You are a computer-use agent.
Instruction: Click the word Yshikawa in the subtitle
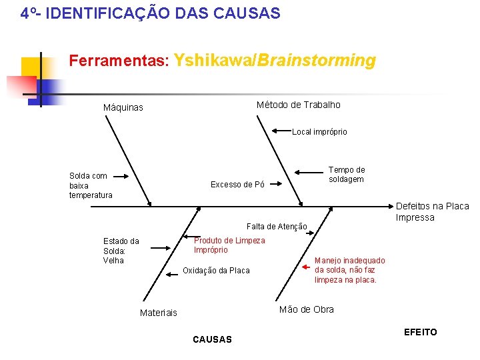pos(209,61)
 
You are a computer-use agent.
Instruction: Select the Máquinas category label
pos(123,108)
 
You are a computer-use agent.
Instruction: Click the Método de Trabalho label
pos(298,105)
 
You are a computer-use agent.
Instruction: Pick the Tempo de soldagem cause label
pos(347,175)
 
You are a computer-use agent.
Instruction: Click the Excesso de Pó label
pos(237,185)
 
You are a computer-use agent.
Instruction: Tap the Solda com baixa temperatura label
pos(91,185)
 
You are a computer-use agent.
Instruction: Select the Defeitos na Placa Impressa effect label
pos(432,212)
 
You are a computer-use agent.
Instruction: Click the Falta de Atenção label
pos(277,227)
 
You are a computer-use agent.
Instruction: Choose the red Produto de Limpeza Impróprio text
pos(229,245)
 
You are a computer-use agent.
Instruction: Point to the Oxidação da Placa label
pos(216,270)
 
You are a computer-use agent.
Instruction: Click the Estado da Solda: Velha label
pos(121,251)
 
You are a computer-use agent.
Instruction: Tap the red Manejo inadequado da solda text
pos(349,270)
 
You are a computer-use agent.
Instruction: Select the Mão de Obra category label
pos(306,309)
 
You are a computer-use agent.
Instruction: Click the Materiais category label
pos(159,313)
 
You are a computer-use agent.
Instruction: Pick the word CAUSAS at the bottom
pos(212,339)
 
